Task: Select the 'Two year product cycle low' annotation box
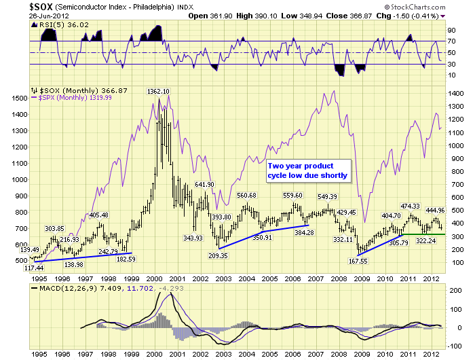click(x=308, y=170)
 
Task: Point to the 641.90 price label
click(x=205, y=184)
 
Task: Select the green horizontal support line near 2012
click(x=421, y=234)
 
